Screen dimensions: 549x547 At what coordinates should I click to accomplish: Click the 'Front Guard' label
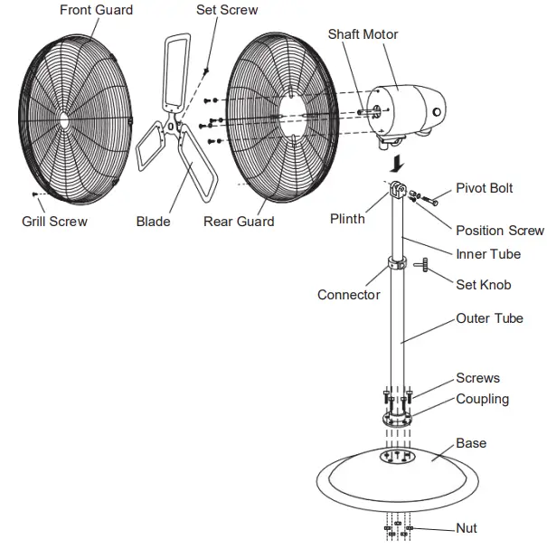pos(96,10)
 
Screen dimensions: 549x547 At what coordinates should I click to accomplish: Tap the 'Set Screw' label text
pos(227,10)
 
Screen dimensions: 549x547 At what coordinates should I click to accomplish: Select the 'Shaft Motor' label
pos(363,34)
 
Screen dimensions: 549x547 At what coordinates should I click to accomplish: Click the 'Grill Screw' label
pos(54,221)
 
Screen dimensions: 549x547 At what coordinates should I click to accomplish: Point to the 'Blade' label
pos(153,221)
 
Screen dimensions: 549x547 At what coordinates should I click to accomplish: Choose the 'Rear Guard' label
pos(239,221)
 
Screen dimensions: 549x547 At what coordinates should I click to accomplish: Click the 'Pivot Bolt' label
pos(484,188)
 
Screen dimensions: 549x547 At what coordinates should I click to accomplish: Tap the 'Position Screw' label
pos(500,231)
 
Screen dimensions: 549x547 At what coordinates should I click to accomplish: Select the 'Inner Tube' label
pos(488,254)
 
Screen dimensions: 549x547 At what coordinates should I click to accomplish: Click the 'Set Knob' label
pos(483,285)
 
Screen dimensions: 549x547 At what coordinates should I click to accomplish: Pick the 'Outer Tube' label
pos(489,318)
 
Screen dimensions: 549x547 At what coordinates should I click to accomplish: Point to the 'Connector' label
pos(349,295)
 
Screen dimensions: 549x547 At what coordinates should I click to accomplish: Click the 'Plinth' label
pos(347,218)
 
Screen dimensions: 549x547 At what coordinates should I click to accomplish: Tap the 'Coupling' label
pos(482,399)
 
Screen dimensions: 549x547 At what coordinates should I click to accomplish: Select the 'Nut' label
pos(467,528)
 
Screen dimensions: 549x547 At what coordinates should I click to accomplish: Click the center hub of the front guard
pos(65,118)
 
